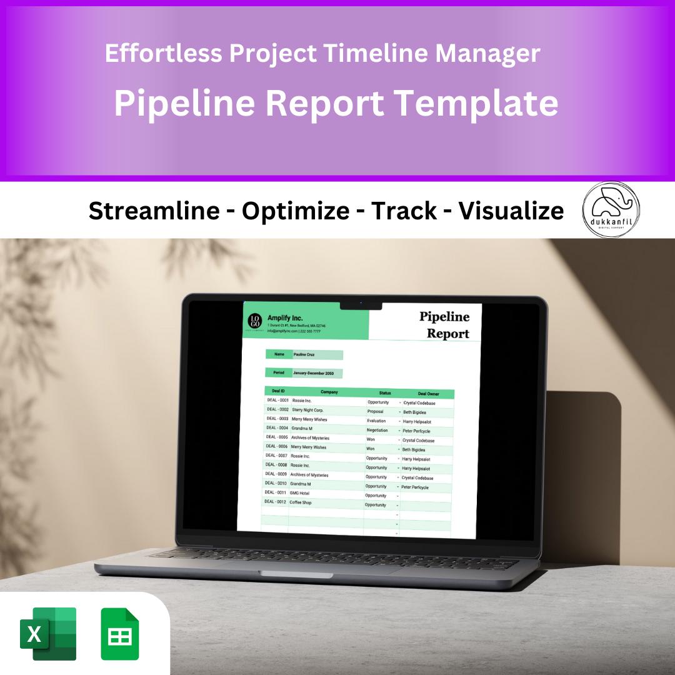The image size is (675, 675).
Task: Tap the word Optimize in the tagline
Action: point(295,211)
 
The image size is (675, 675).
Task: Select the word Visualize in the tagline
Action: point(511,211)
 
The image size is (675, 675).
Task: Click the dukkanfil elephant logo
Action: point(611,210)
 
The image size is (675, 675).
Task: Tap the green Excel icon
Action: point(48,634)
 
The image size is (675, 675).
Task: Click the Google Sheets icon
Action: point(120,634)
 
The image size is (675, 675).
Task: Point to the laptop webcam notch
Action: point(361,305)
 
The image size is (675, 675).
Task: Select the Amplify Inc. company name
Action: point(284,317)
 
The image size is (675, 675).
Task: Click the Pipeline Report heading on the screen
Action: point(446,325)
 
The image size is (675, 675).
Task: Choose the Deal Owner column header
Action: point(429,394)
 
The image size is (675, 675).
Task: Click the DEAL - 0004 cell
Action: point(277,428)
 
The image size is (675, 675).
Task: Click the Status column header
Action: point(385,393)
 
